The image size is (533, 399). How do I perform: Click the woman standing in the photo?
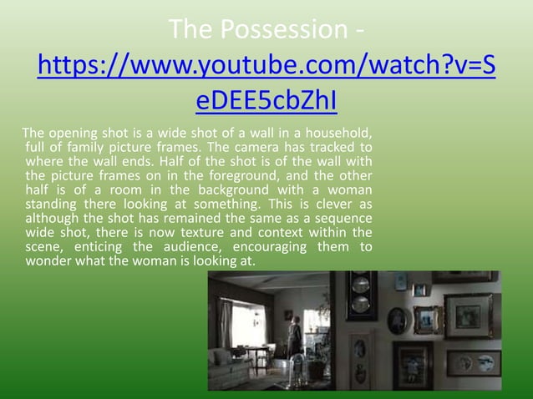[293, 335]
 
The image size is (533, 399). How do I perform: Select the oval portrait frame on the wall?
[397, 321]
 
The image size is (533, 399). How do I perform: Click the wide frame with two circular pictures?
[473, 363]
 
